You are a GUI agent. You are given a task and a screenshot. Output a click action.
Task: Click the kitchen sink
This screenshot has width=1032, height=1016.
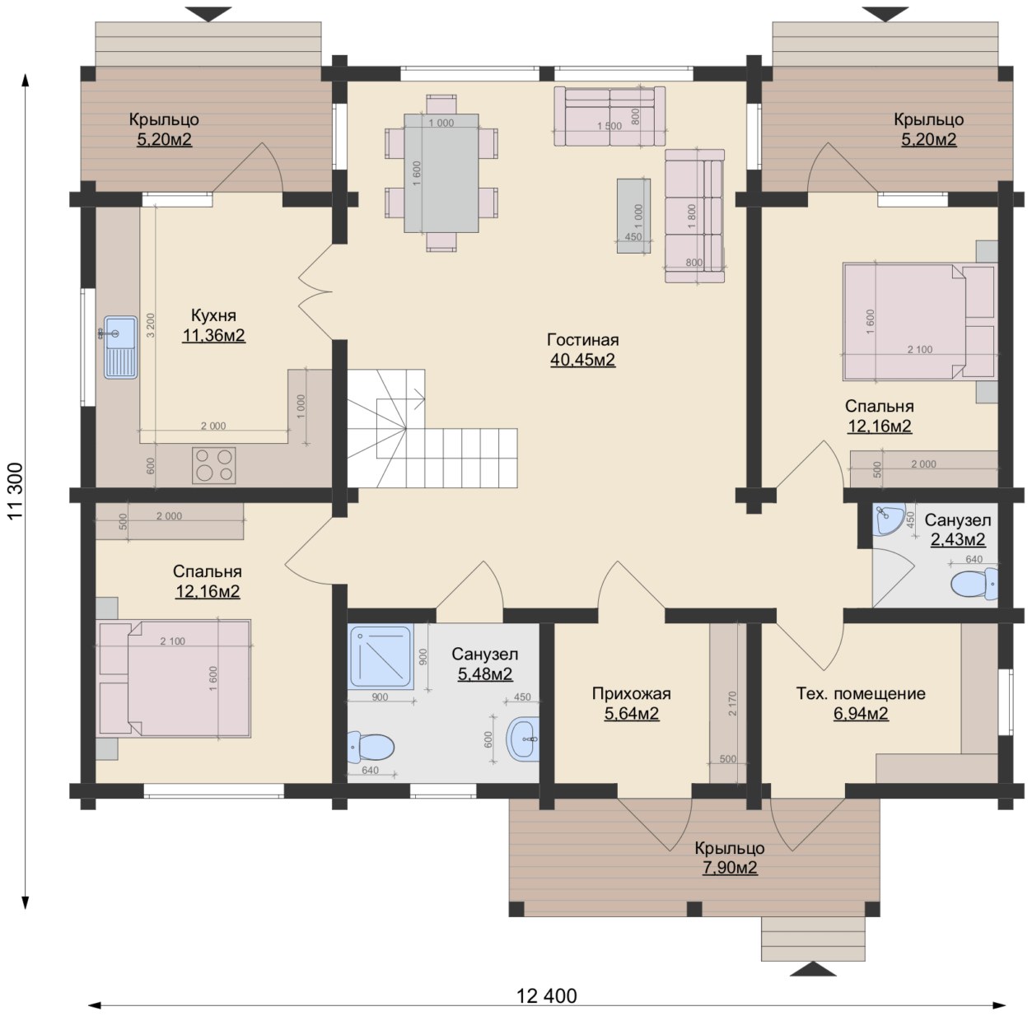pyautogui.click(x=120, y=347)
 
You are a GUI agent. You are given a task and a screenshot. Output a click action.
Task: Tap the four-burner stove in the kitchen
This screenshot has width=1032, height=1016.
pyautogui.click(x=214, y=465)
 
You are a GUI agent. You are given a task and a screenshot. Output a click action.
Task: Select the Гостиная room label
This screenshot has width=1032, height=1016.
pyautogui.click(x=582, y=339)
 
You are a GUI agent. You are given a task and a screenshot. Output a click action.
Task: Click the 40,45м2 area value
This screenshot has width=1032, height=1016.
pyautogui.click(x=582, y=359)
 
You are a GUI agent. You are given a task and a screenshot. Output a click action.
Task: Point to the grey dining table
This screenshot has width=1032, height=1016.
pyautogui.click(x=441, y=173)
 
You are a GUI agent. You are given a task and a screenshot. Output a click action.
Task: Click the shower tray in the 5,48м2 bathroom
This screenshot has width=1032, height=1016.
pyautogui.click(x=381, y=657)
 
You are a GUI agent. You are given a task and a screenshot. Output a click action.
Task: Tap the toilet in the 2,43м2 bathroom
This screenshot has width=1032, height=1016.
pyautogui.click(x=974, y=584)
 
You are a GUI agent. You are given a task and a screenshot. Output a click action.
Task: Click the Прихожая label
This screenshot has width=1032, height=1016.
pyautogui.click(x=632, y=693)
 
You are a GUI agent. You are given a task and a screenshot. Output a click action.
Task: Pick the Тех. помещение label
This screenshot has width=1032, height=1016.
pyautogui.click(x=861, y=693)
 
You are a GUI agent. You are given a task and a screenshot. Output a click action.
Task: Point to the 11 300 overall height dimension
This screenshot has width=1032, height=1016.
pyautogui.click(x=16, y=491)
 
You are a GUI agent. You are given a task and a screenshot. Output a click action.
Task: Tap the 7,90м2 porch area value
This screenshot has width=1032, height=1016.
pyautogui.click(x=730, y=867)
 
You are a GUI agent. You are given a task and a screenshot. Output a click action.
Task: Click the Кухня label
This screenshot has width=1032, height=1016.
pyautogui.click(x=213, y=315)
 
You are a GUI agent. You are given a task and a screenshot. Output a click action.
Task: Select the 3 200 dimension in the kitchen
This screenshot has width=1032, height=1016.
pyautogui.click(x=151, y=325)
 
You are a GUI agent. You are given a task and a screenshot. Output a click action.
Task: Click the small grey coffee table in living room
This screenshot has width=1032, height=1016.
pyautogui.click(x=633, y=216)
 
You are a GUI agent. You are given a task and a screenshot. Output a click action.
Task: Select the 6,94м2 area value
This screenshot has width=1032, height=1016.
pyautogui.click(x=862, y=713)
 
